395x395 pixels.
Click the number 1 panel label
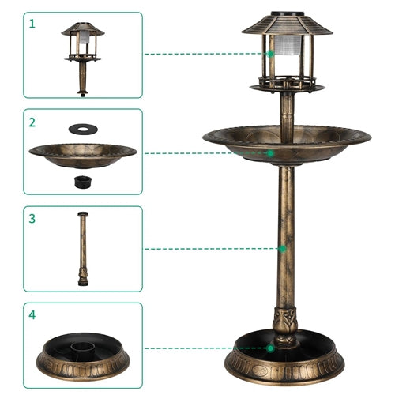point(33,24)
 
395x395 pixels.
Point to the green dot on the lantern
point(270,54)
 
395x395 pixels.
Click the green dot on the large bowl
point(270,152)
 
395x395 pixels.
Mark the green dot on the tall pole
point(283,249)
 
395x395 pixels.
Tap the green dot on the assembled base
point(270,348)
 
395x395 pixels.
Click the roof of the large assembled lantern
point(287,24)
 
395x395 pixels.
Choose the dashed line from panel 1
point(205,54)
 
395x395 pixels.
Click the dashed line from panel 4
point(205,348)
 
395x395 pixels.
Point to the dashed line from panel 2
point(205,152)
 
